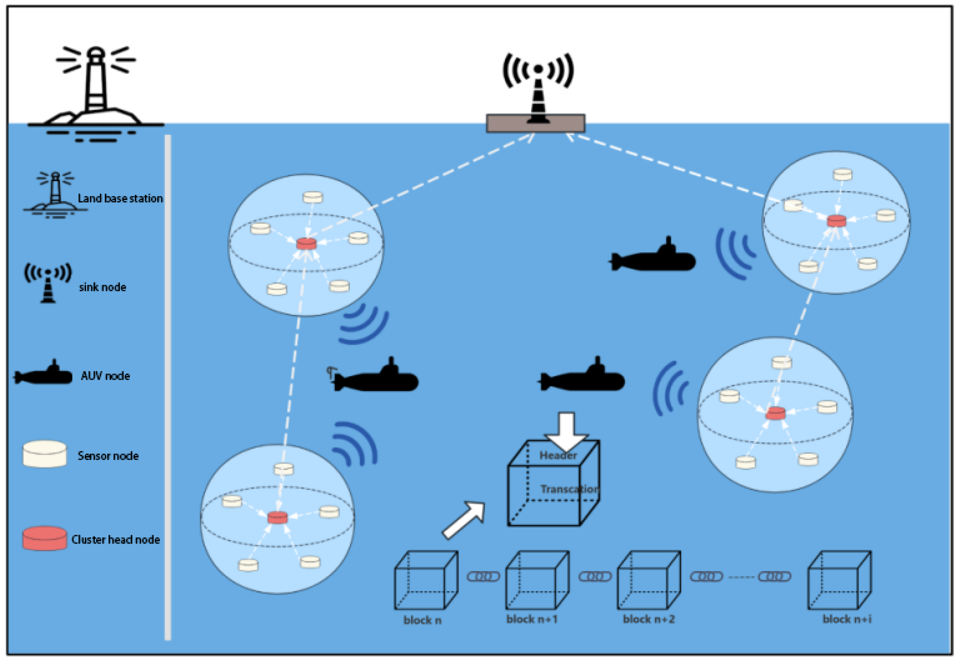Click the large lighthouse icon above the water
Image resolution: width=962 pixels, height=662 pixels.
click(x=96, y=87)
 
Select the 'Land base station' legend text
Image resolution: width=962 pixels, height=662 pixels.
click(x=120, y=198)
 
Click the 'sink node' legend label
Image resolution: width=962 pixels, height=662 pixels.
click(x=102, y=287)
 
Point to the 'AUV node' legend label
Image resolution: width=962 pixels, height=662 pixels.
click(x=105, y=376)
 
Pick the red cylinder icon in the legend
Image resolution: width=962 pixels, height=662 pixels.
click(x=44, y=538)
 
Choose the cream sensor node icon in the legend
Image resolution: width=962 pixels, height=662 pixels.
click(x=44, y=454)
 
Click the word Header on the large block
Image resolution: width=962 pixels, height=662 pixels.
click(x=558, y=455)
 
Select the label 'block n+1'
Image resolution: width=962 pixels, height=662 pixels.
click(x=532, y=619)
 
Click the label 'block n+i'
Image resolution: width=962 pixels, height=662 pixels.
click(x=847, y=619)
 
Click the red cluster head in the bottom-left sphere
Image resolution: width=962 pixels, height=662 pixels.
click(x=277, y=517)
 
